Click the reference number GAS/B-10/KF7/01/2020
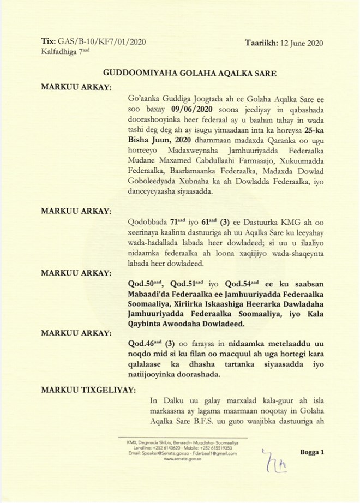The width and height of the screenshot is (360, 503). [x=101, y=41]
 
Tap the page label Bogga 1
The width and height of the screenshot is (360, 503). [x=313, y=453]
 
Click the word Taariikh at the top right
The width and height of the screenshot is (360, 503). [x=261, y=43]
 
